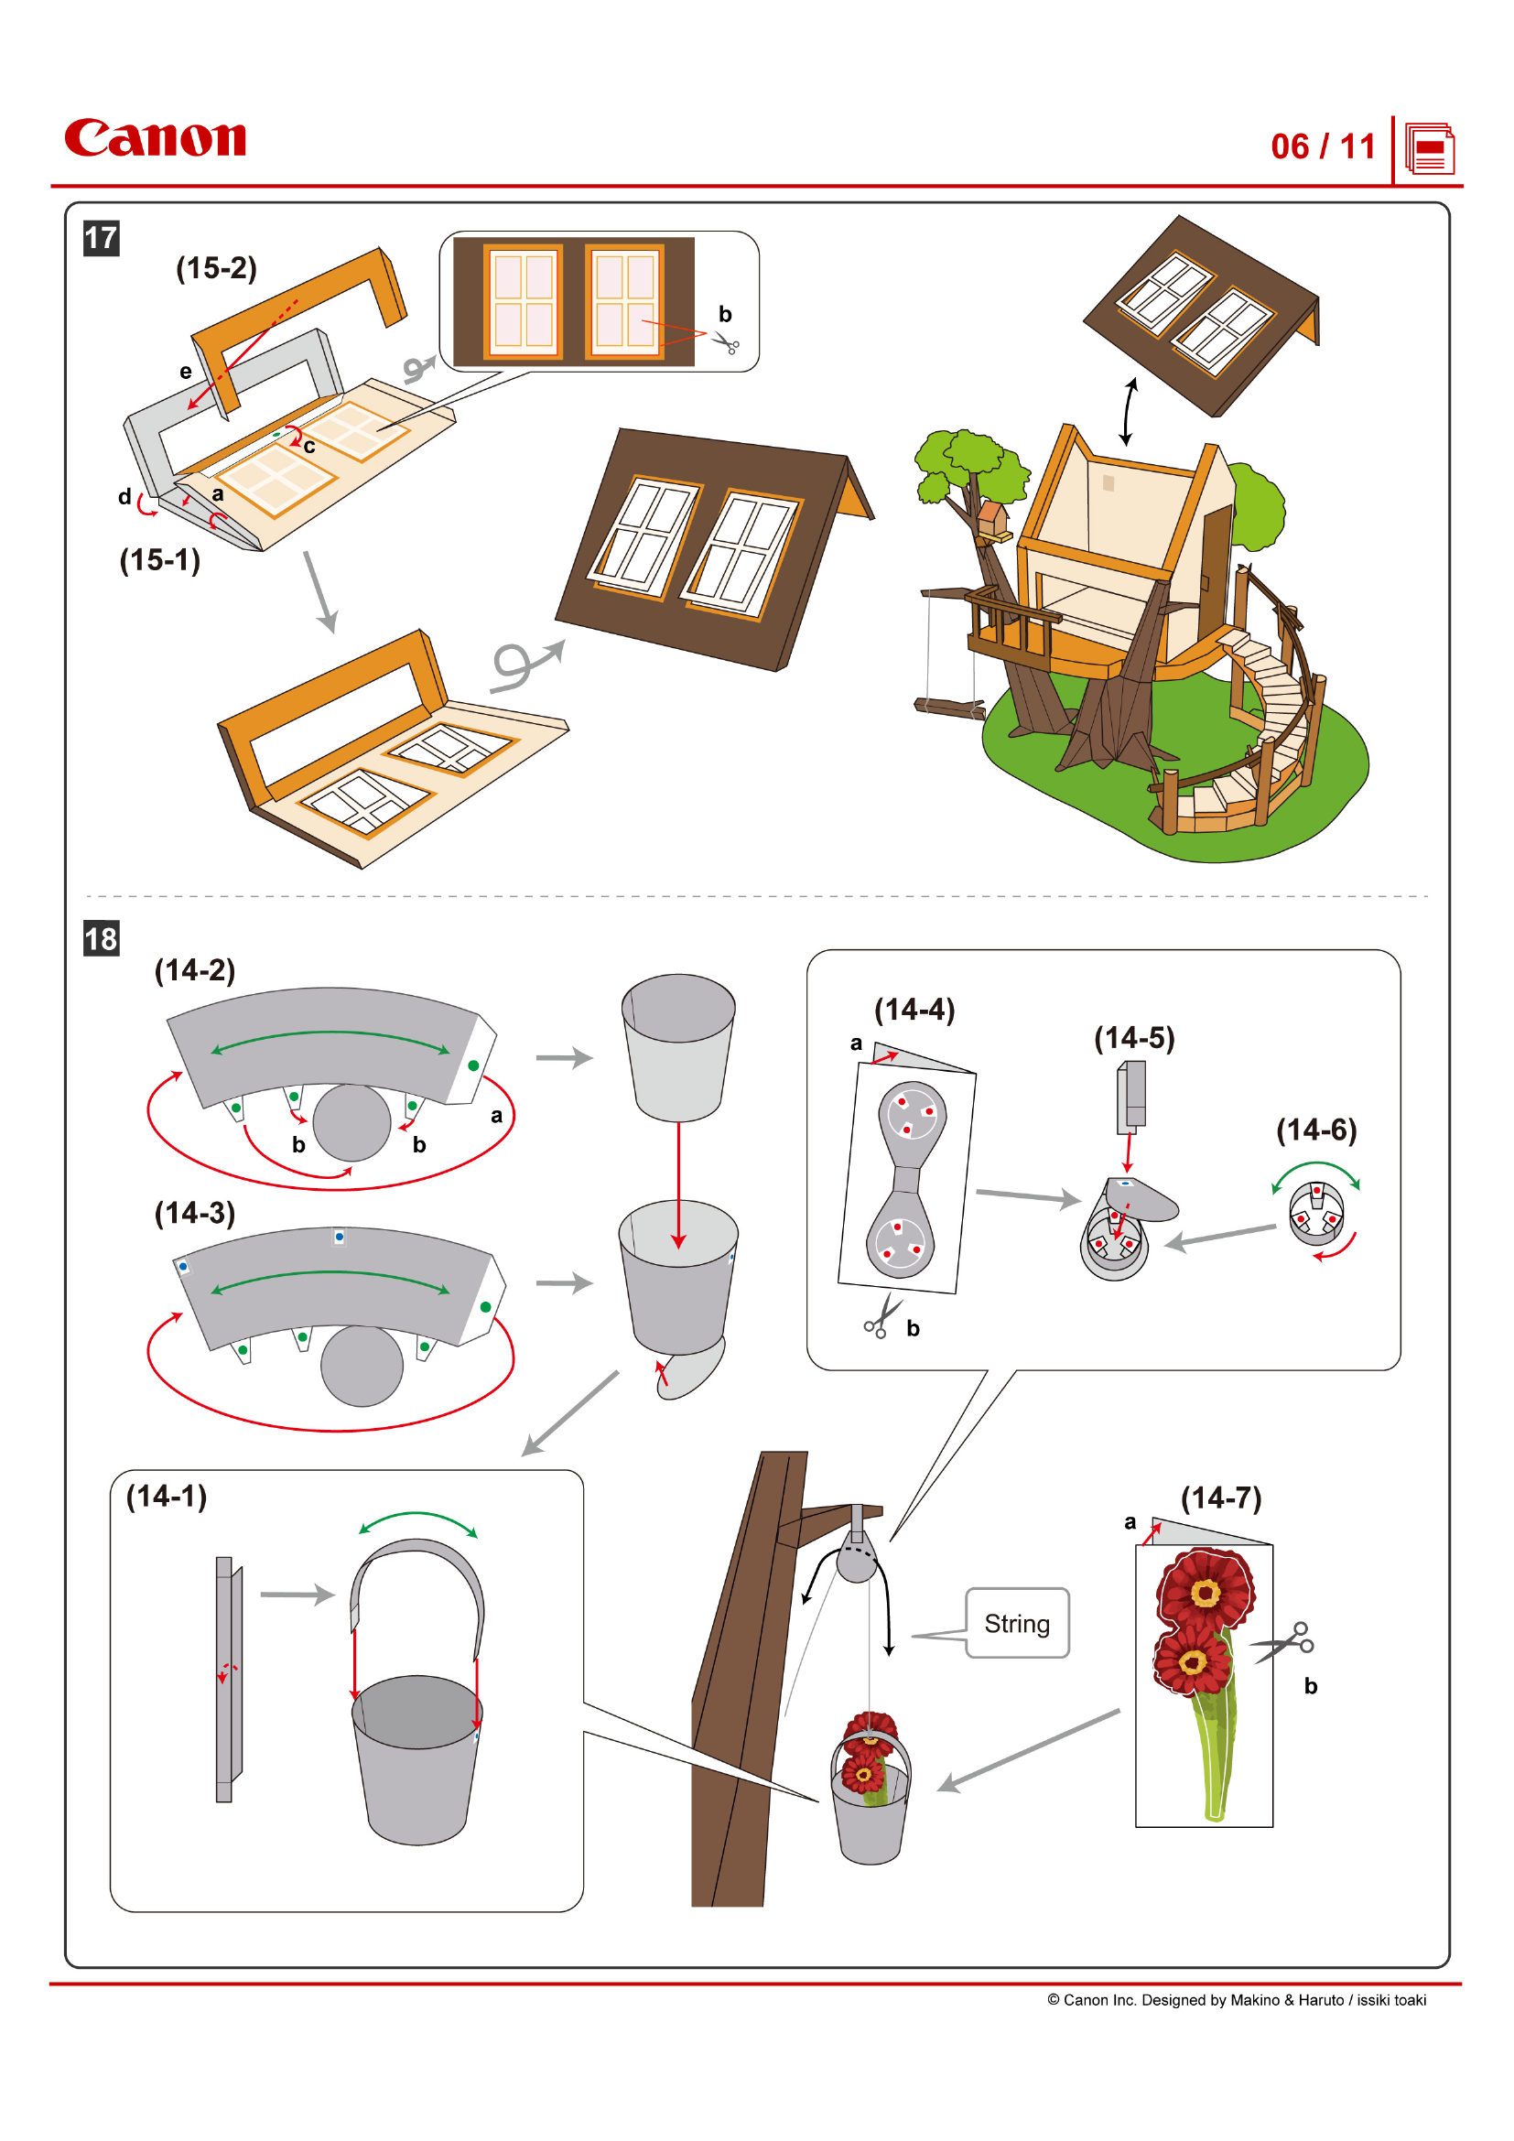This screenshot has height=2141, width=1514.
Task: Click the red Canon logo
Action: [155, 138]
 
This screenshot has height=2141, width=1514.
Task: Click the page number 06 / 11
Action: [1322, 146]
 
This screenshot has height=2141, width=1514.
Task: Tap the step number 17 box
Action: [102, 238]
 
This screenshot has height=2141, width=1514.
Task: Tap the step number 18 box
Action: [102, 938]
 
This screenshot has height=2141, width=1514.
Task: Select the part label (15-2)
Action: [216, 268]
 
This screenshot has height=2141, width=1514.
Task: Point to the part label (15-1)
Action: [159, 560]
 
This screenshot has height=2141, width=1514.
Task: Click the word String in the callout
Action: [1016, 1624]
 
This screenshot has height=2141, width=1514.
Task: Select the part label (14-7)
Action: [1220, 1498]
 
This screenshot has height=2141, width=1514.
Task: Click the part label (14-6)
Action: [1315, 1130]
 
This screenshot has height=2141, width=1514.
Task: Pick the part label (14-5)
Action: [1133, 1038]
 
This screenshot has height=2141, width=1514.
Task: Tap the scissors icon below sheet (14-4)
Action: [881, 1315]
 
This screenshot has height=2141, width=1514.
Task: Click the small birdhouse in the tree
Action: [994, 518]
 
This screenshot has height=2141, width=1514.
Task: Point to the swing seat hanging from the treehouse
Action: [949, 708]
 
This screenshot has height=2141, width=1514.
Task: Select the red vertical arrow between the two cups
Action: [678, 1184]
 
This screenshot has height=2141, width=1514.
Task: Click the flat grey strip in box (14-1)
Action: [224, 1679]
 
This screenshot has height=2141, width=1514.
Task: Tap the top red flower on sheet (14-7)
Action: [1205, 1591]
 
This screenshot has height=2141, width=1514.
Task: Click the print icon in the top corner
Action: [1429, 149]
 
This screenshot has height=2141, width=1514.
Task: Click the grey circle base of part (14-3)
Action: [362, 1365]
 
